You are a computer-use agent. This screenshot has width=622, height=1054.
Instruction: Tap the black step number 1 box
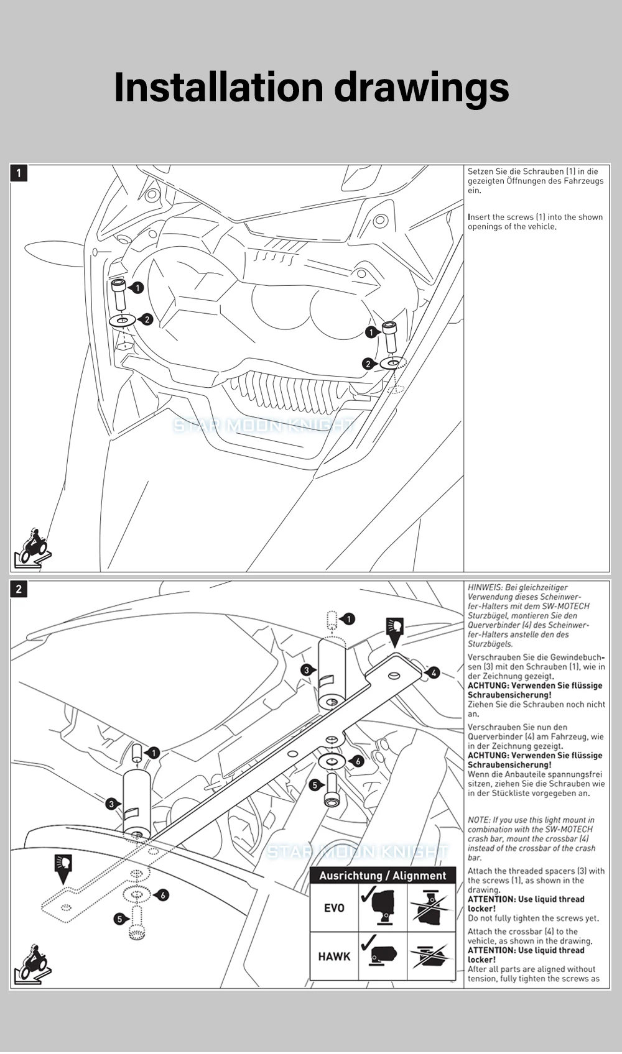tap(19, 173)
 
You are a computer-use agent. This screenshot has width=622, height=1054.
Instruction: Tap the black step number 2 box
tap(19, 589)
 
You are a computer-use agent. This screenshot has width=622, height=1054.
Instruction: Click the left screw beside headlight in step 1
tap(119, 295)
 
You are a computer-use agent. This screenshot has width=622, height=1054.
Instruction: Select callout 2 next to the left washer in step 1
tap(146, 319)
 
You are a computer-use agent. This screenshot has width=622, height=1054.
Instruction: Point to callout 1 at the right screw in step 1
tap(371, 332)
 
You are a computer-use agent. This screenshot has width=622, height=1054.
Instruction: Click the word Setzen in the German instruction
tap(480, 172)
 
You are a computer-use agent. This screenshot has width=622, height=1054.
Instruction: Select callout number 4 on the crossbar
tap(434, 672)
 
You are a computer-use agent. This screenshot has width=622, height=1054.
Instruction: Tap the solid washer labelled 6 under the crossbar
tap(332, 761)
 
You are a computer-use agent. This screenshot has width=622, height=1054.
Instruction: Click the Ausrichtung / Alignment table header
tap(383, 876)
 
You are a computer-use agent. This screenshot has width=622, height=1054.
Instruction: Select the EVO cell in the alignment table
tap(334, 908)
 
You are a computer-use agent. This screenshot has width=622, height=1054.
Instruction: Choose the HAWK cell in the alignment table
tap(334, 956)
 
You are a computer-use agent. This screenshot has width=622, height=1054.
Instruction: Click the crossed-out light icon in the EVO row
tap(430, 908)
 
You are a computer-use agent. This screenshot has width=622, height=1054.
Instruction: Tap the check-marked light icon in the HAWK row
tap(383, 956)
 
